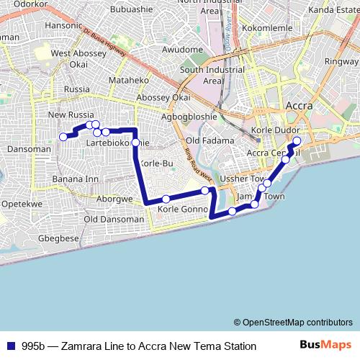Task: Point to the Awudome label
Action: click(182, 50)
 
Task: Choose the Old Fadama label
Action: click(210, 140)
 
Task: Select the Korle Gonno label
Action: click(182, 209)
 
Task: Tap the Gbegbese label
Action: click(59, 238)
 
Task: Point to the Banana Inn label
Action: click(76, 179)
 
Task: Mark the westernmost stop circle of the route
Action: click(63, 136)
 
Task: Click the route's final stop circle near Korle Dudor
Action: click(297, 131)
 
